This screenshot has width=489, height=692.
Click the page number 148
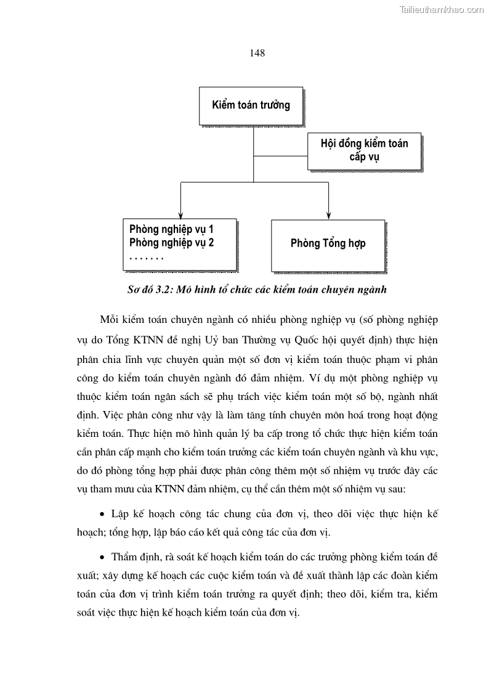pos(257,53)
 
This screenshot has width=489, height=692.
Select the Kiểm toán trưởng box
pos(251,105)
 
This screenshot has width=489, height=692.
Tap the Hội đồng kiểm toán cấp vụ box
pos(364,150)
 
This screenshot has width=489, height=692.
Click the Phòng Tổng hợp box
pos(328,243)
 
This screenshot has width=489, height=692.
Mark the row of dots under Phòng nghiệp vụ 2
pos(143,258)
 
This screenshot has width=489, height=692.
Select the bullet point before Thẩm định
pos(102,558)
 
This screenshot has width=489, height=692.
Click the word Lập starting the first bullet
pos(121,513)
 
